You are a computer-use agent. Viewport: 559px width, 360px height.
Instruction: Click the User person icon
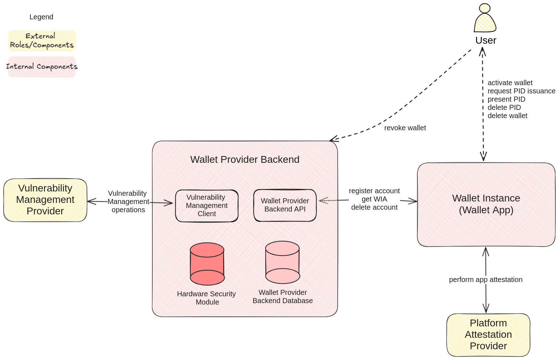(485, 19)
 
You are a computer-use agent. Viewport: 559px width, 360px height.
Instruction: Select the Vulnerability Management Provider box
(45, 200)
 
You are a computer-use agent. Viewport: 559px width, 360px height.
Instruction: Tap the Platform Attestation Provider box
(488, 335)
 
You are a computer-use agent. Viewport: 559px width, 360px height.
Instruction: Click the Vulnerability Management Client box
(207, 206)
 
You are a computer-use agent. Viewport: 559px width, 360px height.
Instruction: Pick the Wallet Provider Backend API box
(285, 205)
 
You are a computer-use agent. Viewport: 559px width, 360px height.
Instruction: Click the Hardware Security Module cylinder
(207, 264)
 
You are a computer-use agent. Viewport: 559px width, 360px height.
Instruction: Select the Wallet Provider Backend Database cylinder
(283, 262)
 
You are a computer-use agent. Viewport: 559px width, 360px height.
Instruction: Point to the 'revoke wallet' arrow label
(405, 128)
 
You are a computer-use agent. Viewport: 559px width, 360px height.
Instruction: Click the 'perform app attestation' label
(486, 280)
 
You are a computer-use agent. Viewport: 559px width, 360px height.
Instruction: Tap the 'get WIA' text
(374, 199)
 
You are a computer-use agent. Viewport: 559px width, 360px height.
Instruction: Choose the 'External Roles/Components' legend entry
(42, 41)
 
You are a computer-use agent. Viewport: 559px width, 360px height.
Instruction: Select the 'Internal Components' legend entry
(42, 67)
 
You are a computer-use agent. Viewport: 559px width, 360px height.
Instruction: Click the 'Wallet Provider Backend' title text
(245, 160)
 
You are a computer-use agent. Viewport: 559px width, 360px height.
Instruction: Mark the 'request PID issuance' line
(521, 91)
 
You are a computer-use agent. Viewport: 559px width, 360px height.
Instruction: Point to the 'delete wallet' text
(507, 116)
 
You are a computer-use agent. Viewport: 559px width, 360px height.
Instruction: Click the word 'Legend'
(41, 17)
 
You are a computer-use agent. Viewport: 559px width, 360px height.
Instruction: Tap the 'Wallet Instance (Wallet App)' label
(486, 204)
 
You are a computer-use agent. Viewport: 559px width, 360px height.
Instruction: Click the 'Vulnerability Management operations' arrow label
(128, 201)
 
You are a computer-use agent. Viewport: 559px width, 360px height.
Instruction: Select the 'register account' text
(374, 191)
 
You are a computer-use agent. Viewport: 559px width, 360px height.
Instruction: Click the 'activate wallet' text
(510, 83)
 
